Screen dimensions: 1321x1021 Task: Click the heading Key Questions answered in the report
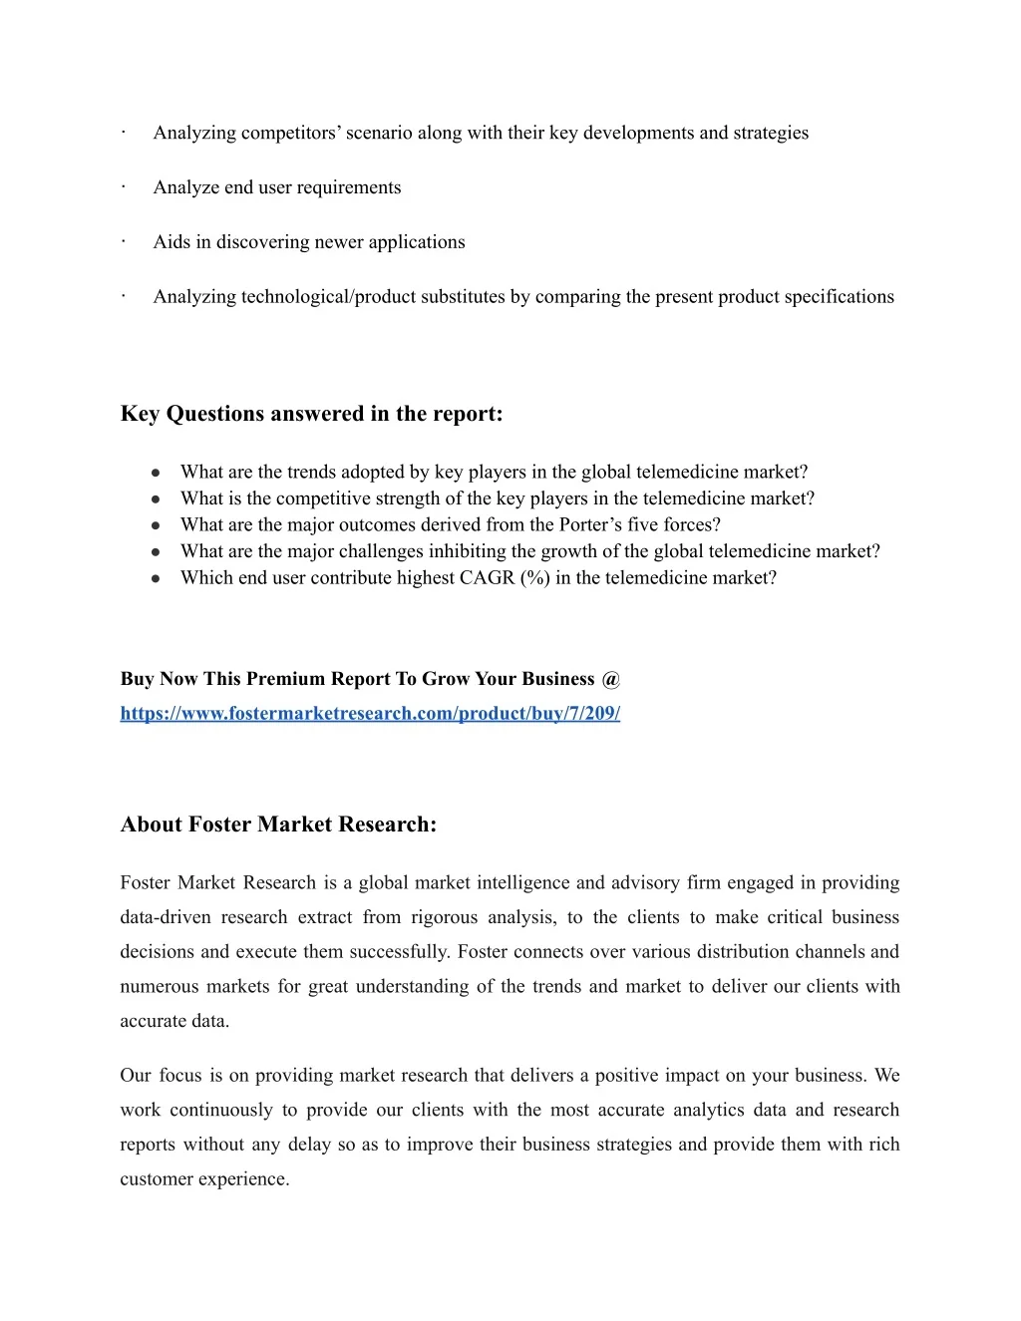(311, 414)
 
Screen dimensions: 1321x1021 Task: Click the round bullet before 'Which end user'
(157, 579)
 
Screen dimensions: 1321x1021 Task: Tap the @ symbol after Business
(611, 679)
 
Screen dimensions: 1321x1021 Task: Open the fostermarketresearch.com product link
(370, 714)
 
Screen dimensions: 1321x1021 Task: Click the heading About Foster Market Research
(278, 825)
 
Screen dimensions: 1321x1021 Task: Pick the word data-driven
(166, 917)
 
